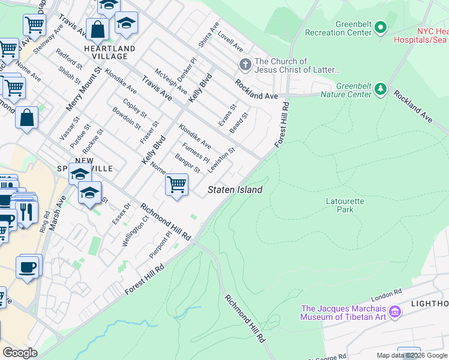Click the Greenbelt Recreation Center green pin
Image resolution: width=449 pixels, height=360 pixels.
(x=381, y=28)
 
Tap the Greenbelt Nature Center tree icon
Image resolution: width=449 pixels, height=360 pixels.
(x=380, y=89)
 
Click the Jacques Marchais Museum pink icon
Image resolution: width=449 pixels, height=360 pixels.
(x=395, y=311)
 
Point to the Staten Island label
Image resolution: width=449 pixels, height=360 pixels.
(x=235, y=190)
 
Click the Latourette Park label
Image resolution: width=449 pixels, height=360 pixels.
(x=345, y=206)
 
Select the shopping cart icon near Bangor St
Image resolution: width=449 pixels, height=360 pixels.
(x=176, y=184)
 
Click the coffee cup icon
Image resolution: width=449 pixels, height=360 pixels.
(x=28, y=266)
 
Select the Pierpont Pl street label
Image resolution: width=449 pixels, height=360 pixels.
(x=160, y=246)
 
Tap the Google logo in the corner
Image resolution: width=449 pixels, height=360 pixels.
(x=20, y=353)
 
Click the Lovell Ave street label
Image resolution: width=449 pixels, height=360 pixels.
(x=230, y=41)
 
